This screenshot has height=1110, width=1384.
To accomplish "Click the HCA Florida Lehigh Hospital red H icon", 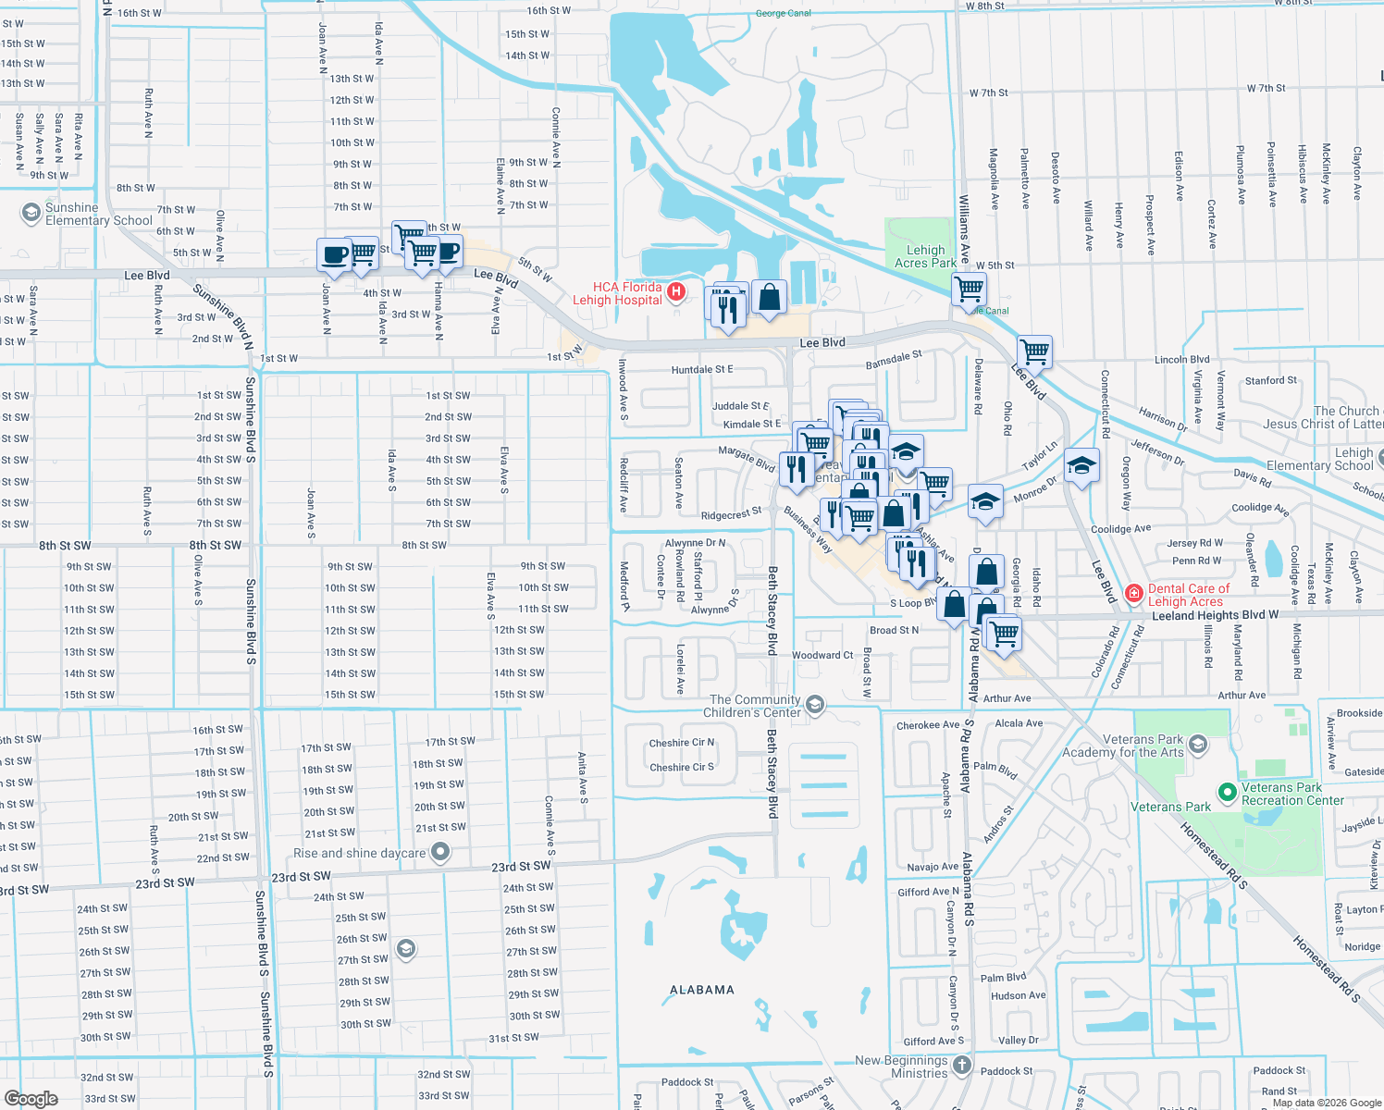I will click(676, 292).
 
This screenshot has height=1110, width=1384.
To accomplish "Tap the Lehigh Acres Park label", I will click(925, 256).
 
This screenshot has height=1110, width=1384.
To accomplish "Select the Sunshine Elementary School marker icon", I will click(31, 213).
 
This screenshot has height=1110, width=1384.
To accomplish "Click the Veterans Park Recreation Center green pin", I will click(1228, 792).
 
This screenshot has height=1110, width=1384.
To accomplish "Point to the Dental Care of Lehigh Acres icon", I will click(1133, 593).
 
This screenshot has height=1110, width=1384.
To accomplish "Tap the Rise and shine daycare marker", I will click(440, 852).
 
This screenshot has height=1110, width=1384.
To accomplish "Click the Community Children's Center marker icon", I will click(814, 705).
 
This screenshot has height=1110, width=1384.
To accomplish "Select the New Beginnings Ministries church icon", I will click(962, 1066).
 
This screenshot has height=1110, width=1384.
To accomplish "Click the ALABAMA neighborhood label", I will click(701, 990).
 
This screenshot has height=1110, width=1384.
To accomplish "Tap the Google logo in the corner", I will click(31, 1098).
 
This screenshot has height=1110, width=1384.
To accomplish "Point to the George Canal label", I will click(783, 13).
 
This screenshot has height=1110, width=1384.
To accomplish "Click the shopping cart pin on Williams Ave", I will click(969, 290).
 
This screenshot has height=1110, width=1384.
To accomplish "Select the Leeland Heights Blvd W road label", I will click(1214, 615).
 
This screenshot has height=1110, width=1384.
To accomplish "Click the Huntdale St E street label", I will click(701, 369).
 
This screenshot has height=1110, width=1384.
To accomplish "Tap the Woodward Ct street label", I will click(822, 655).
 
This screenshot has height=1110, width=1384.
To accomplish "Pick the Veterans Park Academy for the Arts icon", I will click(1198, 745).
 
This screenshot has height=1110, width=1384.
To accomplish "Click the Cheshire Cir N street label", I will click(681, 743).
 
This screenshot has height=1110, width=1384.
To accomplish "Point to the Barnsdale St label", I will click(893, 360).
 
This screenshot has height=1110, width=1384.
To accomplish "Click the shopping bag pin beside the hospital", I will click(769, 298).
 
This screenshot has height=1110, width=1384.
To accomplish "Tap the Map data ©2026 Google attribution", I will click(1327, 1103).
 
